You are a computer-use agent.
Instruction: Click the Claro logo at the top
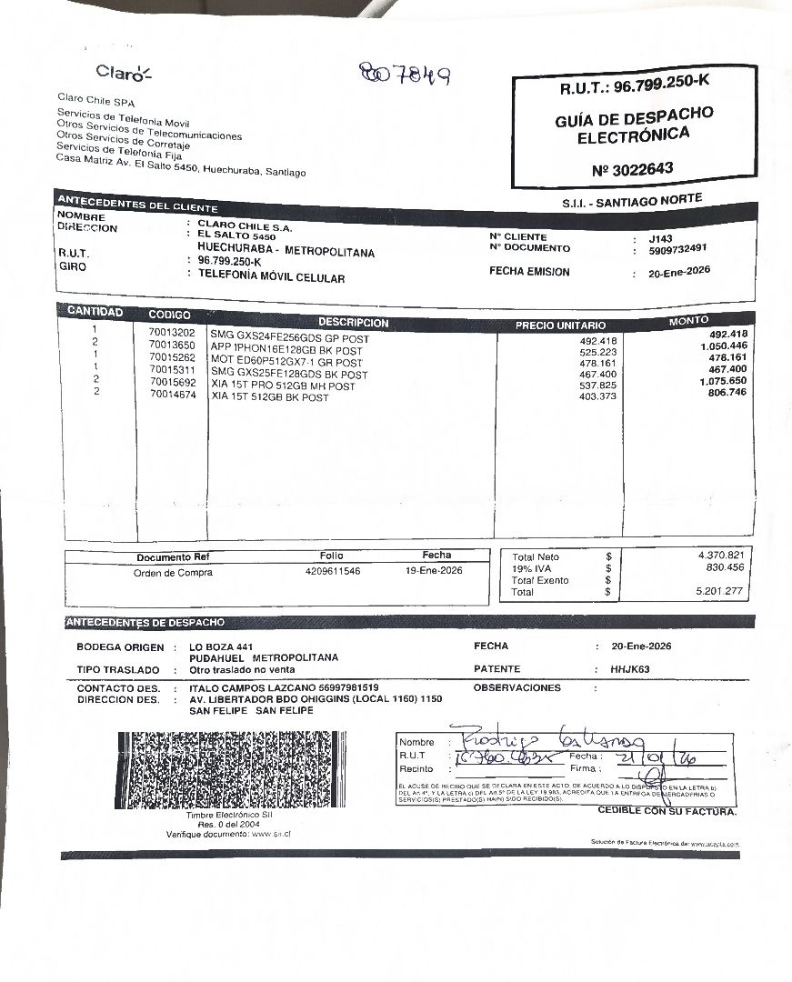point(124,72)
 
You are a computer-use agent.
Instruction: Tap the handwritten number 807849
point(404,74)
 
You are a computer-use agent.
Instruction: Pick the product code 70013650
point(172,346)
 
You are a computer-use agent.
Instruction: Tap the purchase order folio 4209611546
point(332,571)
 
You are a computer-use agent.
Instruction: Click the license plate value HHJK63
point(630,669)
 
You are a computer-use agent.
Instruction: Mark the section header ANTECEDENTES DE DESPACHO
point(145,623)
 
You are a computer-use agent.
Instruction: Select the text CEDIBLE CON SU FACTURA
point(667,810)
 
